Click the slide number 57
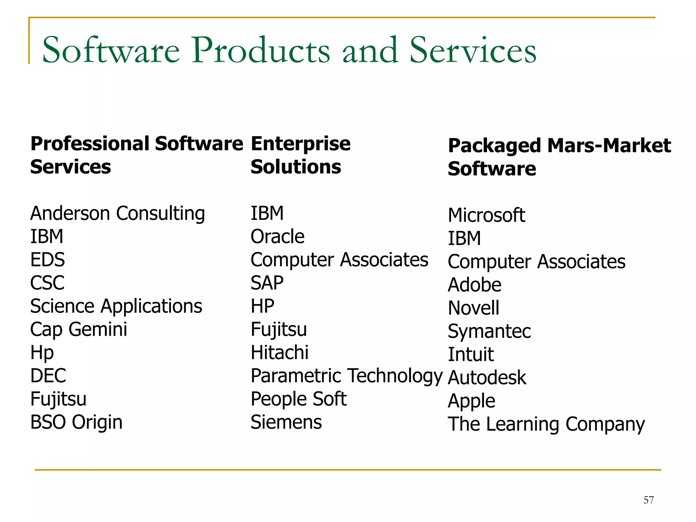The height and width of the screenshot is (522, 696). (648, 500)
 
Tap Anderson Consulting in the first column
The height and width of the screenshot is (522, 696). (118, 214)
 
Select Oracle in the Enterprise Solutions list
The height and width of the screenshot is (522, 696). (277, 237)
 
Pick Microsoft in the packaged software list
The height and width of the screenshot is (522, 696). (486, 215)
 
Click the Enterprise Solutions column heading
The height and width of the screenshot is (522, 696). (300, 155)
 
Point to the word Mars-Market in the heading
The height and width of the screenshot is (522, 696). (609, 145)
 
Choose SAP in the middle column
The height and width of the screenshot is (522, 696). (267, 283)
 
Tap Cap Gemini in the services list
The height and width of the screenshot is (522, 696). (79, 330)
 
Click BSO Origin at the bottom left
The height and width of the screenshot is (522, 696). (76, 422)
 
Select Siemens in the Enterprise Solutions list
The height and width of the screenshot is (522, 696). (286, 422)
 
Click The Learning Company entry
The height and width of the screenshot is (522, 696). (546, 424)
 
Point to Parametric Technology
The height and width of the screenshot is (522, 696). (346, 376)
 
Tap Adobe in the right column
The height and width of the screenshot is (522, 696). (474, 285)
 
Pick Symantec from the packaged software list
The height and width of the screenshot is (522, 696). (489, 331)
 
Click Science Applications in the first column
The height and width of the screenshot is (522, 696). (116, 307)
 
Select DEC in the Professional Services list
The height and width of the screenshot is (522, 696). (48, 376)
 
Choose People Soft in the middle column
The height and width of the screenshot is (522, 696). (298, 399)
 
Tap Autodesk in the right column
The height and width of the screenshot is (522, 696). (487, 378)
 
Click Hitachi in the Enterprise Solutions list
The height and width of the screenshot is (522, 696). (279, 353)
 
